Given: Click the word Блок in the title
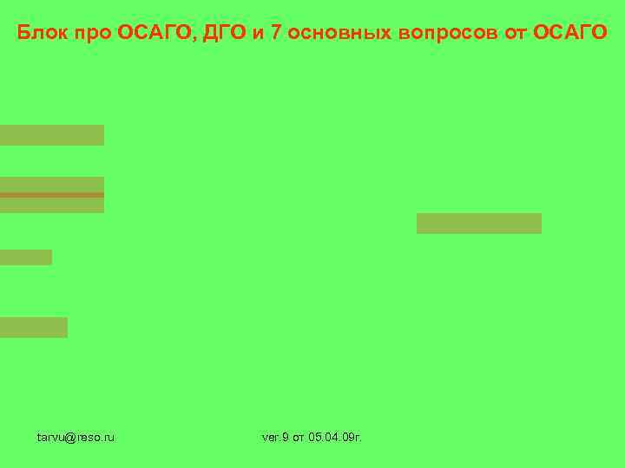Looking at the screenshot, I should [x=38, y=34].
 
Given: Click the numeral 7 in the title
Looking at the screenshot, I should [x=276, y=34].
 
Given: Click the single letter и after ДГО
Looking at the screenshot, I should [x=258, y=34].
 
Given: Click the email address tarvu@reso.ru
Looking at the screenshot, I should [x=76, y=437].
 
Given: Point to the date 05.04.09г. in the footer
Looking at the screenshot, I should [x=335, y=437].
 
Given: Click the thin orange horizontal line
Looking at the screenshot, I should [x=52, y=195].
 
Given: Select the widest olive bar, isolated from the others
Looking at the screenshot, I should [x=479, y=224].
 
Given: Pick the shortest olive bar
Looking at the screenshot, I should [x=26, y=257].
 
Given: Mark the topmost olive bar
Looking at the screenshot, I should [x=52, y=135].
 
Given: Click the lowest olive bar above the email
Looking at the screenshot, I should [x=34, y=328].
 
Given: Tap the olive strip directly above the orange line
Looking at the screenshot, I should [x=52, y=185].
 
